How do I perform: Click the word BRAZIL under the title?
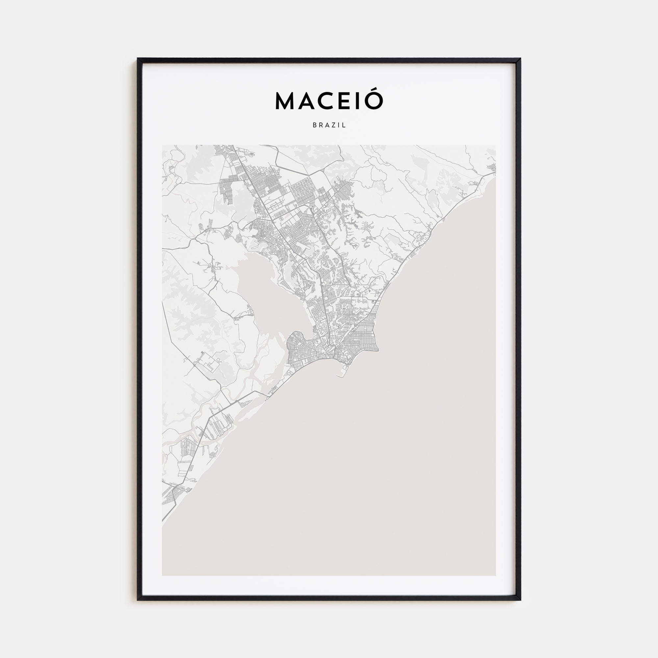click(x=329, y=125)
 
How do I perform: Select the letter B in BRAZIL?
click(x=314, y=125)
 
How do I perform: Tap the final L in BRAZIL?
click(x=344, y=125)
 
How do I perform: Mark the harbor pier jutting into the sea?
click(x=341, y=374)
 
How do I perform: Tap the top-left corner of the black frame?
click(x=138, y=59)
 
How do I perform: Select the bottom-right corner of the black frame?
click(x=520, y=600)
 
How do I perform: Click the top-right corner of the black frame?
click(x=520, y=59)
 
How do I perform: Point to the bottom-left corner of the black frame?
click(x=138, y=600)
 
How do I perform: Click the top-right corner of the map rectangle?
click(x=495, y=145)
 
